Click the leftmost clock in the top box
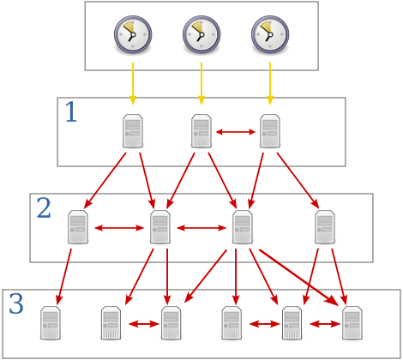[x=132, y=35]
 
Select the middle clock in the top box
[x=201, y=35]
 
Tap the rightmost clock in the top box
[x=269, y=35]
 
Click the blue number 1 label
[x=71, y=112]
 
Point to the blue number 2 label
[x=44, y=208]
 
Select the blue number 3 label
[x=16, y=304]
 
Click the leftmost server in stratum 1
[x=133, y=131]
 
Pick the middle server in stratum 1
[x=201, y=131]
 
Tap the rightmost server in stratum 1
[x=270, y=131]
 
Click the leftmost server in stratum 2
[x=78, y=227]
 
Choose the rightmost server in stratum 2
[x=325, y=227]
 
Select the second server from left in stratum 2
[x=160, y=227]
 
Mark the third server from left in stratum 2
[x=243, y=227]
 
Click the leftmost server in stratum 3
[x=51, y=323]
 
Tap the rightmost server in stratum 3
[x=352, y=323]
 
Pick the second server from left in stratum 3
[x=111, y=323]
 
